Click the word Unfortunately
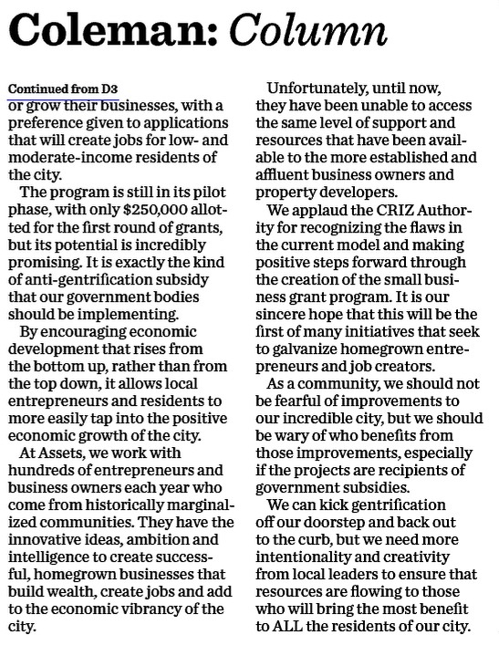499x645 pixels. (338, 89)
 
